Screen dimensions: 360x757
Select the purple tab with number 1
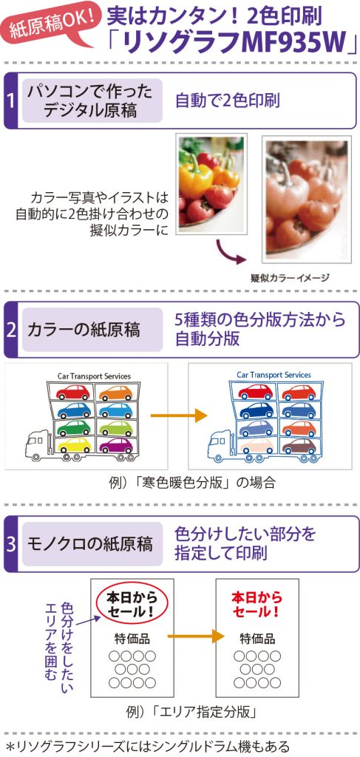tap(10, 101)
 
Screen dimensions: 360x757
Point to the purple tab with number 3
tap(10, 544)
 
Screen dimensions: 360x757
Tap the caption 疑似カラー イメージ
tap(290, 278)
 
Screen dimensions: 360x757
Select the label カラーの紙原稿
tap(84, 330)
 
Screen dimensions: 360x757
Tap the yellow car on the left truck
tap(74, 444)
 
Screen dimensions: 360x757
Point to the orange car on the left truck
tap(116, 393)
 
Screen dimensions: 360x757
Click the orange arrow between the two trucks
tap(179, 415)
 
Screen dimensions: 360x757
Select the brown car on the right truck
tap(299, 445)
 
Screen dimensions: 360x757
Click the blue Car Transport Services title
tap(274, 375)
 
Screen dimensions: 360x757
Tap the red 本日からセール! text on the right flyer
tap(257, 604)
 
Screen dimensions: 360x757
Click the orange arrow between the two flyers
tap(196, 636)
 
